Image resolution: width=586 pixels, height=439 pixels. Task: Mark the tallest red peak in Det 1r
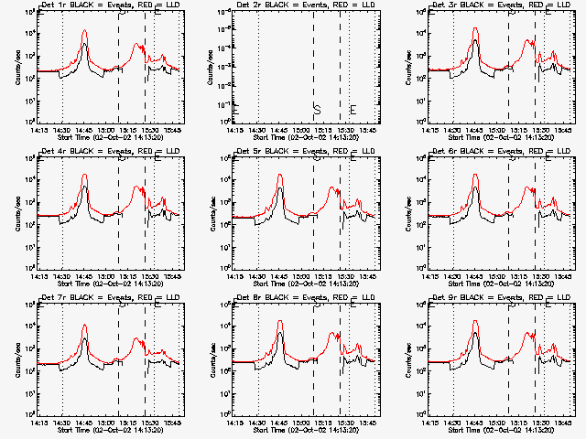point(84,31)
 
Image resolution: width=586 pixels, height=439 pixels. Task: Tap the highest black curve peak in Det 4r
point(84,187)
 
